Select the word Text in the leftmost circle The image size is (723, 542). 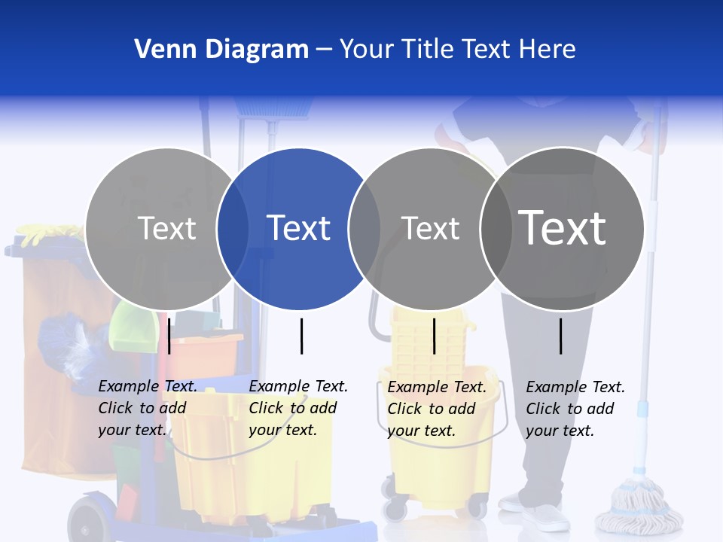(x=166, y=228)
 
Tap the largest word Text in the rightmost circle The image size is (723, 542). (x=562, y=227)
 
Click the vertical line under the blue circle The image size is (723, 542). (x=301, y=336)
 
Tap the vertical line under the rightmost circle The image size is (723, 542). (x=561, y=336)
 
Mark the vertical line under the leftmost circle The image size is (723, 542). (x=169, y=336)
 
